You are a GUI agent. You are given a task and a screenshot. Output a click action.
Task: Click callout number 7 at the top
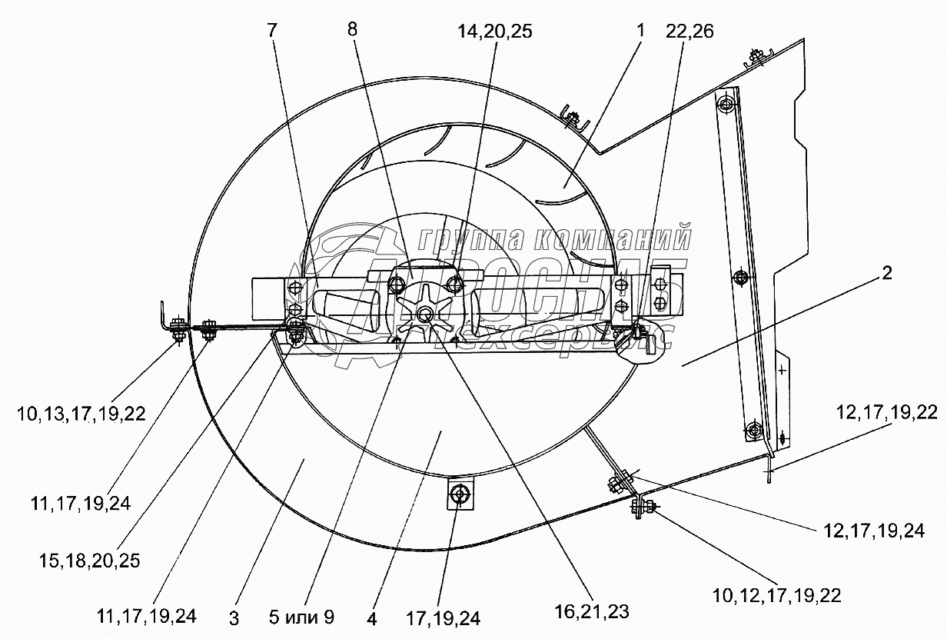(x=274, y=31)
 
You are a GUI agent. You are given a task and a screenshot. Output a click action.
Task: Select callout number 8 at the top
(x=353, y=31)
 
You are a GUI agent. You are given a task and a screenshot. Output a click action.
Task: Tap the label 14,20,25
(x=494, y=32)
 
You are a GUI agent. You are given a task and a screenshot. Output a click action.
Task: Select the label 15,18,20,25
(x=91, y=561)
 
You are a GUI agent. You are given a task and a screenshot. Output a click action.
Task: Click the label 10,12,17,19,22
(x=776, y=595)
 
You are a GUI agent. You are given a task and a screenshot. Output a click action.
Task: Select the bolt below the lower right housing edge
(x=640, y=507)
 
